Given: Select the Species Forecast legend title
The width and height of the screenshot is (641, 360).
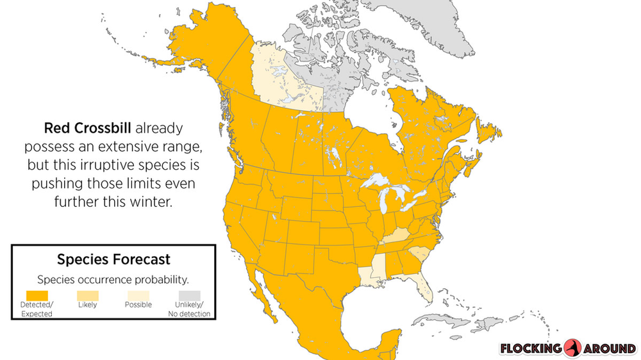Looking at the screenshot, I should point(113,259).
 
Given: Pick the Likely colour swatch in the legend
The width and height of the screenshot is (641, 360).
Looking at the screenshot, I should point(87,295).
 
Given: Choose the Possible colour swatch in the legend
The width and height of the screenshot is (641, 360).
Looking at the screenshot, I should point(138,295).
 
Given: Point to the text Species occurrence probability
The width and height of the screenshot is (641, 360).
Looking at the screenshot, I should point(113,280).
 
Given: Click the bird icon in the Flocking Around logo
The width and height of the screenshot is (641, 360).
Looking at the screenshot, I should point(573,348).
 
